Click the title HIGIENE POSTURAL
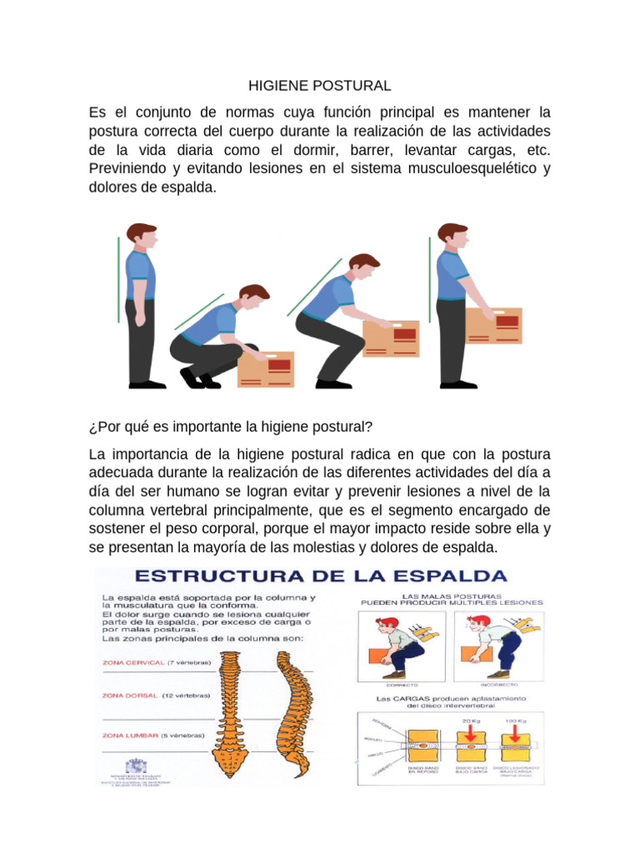(x=320, y=86)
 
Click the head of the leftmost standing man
(x=142, y=237)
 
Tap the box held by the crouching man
(x=266, y=368)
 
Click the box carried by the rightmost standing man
(x=493, y=326)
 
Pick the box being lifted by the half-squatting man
(x=390, y=338)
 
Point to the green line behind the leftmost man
(x=118, y=278)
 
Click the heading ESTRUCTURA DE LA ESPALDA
(x=321, y=576)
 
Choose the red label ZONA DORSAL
(x=129, y=695)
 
